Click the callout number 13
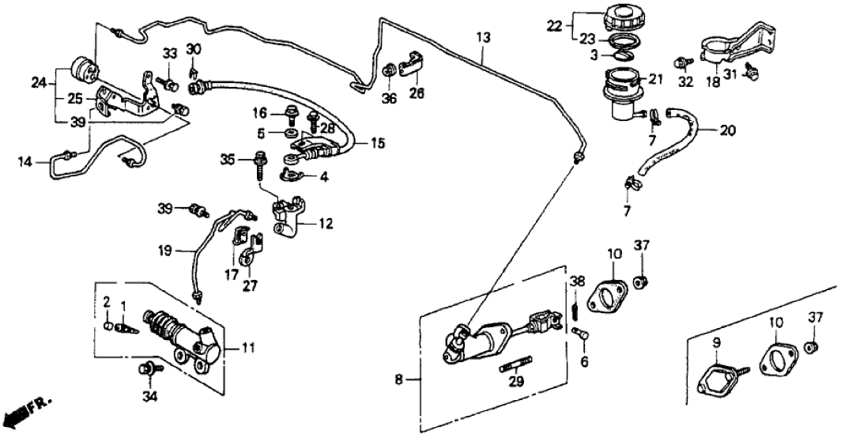(x=483, y=37)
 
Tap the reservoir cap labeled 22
(x=624, y=18)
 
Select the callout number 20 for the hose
(x=726, y=130)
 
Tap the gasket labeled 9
(x=720, y=372)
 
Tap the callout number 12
(x=325, y=224)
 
